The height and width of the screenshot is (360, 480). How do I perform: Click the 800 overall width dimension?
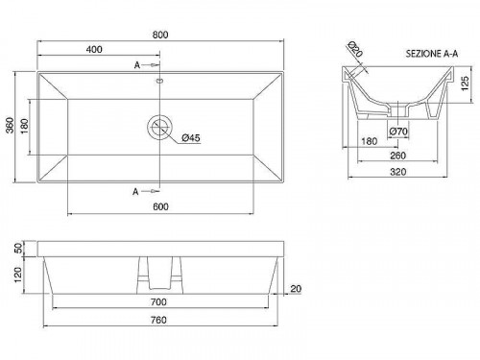160,35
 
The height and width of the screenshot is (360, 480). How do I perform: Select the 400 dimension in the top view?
94,49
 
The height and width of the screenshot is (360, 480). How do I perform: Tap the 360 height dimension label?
11,125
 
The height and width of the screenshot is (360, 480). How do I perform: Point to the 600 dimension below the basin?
160,206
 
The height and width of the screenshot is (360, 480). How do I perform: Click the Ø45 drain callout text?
191,138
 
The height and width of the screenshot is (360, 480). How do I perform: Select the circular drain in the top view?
159,127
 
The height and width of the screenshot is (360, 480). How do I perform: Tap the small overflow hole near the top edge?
160,81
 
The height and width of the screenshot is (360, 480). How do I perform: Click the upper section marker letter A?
137,65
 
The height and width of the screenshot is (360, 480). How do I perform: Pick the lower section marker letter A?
135,192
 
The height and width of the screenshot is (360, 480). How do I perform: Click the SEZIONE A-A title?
432,54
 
